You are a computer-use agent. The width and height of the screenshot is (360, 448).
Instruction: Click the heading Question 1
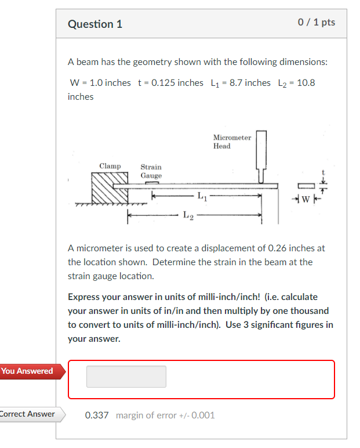pyautogui.click(x=95, y=24)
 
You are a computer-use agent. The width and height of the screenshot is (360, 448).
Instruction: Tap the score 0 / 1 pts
pyautogui.click(x=316, y=23)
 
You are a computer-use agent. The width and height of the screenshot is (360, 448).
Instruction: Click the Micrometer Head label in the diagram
pyautogui.click(x=232, y=142)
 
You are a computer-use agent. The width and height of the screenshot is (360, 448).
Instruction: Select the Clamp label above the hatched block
pyautogui.click(x=110, y=167)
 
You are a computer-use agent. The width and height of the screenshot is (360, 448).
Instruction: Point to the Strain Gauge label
pyautogui.click(x=151, y=171)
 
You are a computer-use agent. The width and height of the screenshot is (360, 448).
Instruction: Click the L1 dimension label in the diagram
pyautogui.click(x=201, y=196)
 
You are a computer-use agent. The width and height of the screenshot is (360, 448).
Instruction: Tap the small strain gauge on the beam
pyautogui.click(x=152, y=182)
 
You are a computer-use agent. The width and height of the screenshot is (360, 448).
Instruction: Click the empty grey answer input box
pyautogui.click(x=126, y=377)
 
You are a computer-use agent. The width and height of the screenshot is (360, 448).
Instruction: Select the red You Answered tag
pyautogui.click(x=27, y=371)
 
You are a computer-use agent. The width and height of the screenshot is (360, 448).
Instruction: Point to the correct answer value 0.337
pyautogui.click(x=97, y=416)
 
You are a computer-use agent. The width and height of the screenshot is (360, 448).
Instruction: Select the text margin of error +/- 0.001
pyautogui.click(x=165, y=416)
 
